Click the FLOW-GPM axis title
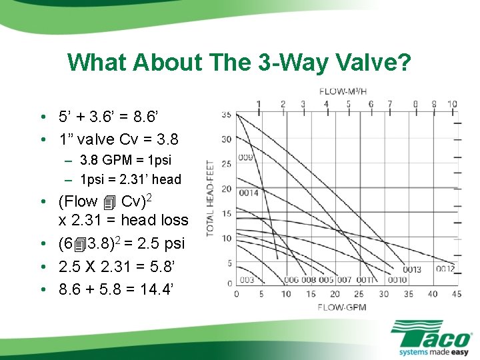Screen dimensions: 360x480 [343, 307]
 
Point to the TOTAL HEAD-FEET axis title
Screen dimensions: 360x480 [211, 198]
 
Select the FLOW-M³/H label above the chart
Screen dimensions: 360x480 [343, 91]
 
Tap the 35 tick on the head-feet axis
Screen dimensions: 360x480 [226, 115]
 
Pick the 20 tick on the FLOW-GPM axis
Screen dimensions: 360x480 [335, 294]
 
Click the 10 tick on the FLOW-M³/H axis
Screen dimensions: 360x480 [452, 104]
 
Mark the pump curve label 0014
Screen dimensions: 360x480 [249, 193]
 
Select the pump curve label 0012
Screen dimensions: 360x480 [445, 269]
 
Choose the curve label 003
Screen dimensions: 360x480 [246, 280]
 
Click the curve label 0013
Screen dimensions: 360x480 [411, 270]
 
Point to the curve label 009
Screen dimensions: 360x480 [246, 158]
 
